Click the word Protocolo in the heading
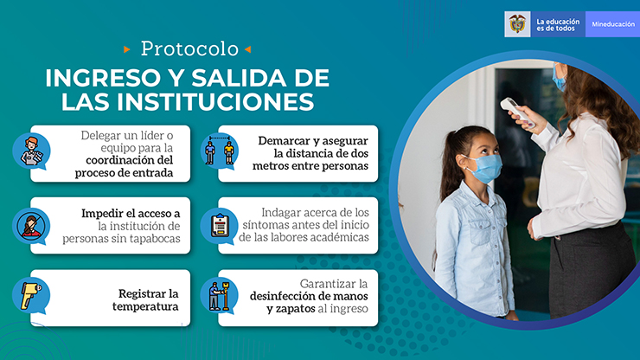pyautogui.click(x=189, y=49)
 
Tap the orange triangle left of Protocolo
pyautogui.click(x=127, y=49)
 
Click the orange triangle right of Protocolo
pyautogui.click(x=247, y=49)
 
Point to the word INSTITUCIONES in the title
pyautogui.click(x=215, y=102)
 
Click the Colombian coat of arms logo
pyautogui.click(x=517, y=24)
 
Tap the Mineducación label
pyautogui.click(x=613, y=24)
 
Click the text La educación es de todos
pyautogui.click(x=558, y=25)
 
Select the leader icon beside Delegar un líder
pyautogui.click(x=32, y=151)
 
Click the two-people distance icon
pyautogui.click(x=220, y=151)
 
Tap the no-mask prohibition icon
pyautogui.click(x=30, y=225)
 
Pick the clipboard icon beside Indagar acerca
pyautogui.click(x=220, y=225)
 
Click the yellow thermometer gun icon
pyautogui.click(x=30, y=295)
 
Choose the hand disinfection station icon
pyautogui.click(x=220, y=296)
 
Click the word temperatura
pyautogui.click(x=145, y=307)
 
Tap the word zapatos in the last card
pyautogui.click(x=295, y=309)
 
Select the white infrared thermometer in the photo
pyautogui.click(x=517, y=112)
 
